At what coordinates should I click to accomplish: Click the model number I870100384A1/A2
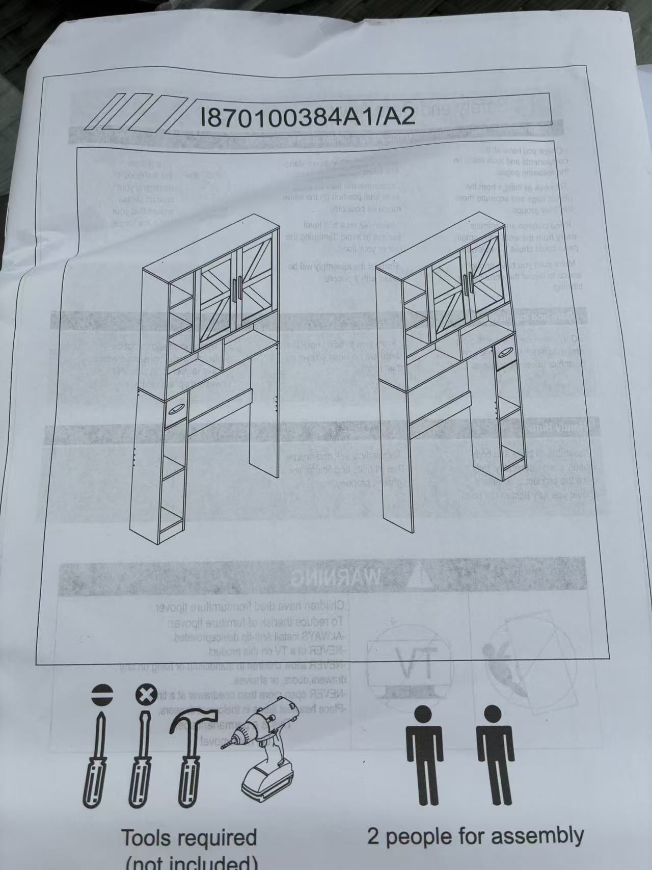308,116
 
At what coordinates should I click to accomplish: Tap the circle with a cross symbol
145,695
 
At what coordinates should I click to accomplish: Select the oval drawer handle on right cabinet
504,352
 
